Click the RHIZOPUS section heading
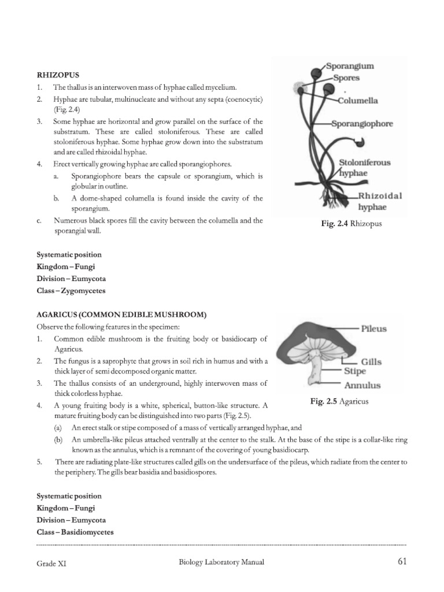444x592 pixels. (x=58, y=75)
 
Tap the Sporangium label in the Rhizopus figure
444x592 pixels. (x=350, y=66)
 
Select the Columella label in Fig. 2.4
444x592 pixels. (x=358, y=100)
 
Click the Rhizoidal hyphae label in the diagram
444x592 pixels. (x=379, y=200)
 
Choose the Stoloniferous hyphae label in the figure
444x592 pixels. (x=364, y=168)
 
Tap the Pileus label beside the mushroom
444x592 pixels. (x=374, y=328)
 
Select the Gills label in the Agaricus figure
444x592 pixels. (x=371, y=361)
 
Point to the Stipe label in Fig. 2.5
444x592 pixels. (x=355, y=372)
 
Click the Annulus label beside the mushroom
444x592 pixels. (x=362, y=385)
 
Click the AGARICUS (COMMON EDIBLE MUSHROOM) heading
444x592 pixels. (x=121, y=314)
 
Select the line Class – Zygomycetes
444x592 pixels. (x=71, y=291)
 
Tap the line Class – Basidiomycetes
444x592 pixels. (x=75, y=532)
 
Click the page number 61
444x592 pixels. (x=403, y=561)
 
